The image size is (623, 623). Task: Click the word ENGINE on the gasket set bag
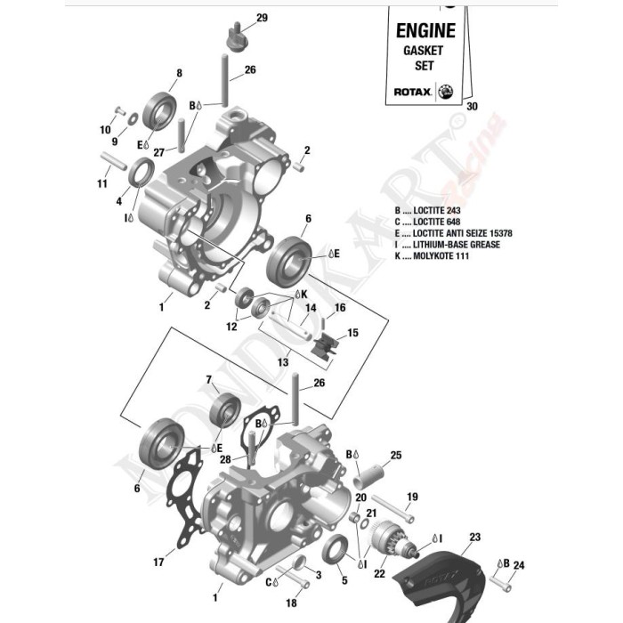tap(425, 29)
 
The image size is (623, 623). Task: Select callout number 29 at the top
tap(262, 18)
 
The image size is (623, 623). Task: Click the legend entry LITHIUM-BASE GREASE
tap(454, 245)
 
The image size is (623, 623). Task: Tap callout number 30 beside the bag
tap(472, 107)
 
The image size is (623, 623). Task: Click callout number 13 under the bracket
tap(283, 362)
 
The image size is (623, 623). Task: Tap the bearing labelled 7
tap(225, 410)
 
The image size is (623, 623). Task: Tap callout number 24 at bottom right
tap(519, 564)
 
